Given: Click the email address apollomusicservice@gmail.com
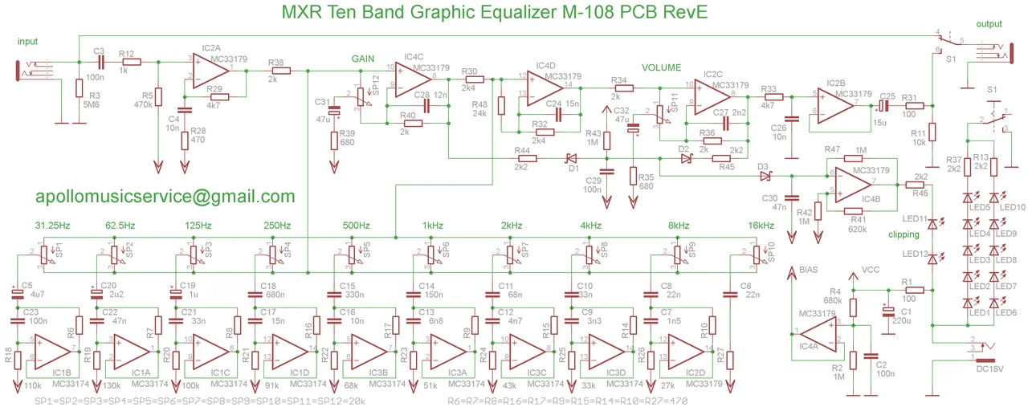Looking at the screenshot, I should tap(165, 196).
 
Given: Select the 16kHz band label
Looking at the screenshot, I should tap(760, 225).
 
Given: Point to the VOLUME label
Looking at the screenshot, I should tap(661, 67).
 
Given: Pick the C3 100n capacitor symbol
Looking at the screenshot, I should tap(100, 61).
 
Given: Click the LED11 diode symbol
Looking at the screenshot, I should tap(932, 226).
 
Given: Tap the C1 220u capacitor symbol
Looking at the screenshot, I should tap(887, 311).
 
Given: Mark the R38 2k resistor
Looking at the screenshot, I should tap(275, 71).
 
